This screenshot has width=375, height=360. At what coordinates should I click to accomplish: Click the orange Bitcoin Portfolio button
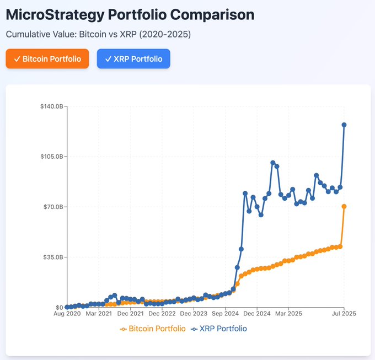(x=47, y=59)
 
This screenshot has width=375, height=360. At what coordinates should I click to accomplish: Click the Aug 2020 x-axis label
(x=67, y=314)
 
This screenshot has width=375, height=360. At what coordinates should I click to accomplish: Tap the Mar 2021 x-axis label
(x=99, y=314)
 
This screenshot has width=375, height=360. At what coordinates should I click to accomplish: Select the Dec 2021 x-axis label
(x=131, y=314)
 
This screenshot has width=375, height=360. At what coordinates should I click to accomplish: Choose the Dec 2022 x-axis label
(x=162, y=314)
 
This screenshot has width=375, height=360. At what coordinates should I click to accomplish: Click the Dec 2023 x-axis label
(x=194, y=314)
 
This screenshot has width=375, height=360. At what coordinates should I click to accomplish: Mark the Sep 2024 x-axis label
(x=225, y=314)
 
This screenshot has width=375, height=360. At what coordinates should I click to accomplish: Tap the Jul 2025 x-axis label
(x=344, y=314)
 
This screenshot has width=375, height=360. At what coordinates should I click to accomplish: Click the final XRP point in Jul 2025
(x=344, y=125)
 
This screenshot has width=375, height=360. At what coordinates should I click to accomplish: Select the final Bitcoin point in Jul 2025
(x=344, y=206)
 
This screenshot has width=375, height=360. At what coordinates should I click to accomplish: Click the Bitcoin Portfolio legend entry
(x=153, y=329)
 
